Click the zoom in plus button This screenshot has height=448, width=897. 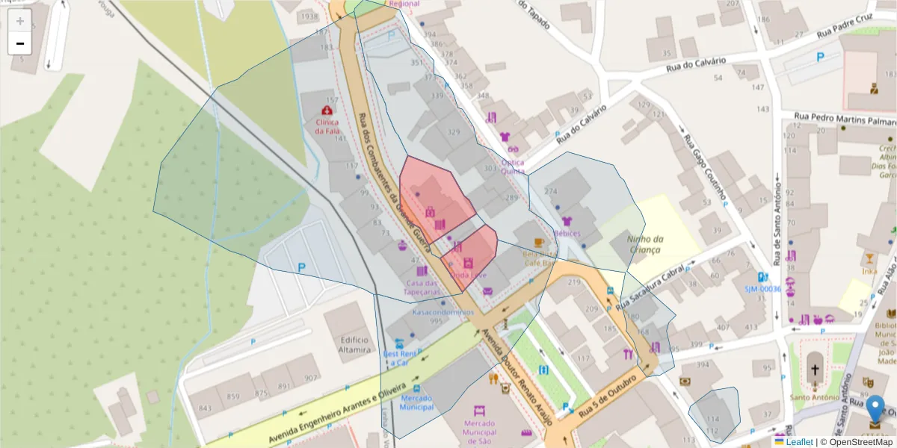pyautogui.click(x=20, y=21)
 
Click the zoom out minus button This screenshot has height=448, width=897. pyautogui.click(x=20, y=43)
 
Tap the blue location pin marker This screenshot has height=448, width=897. pyautogui.click(x=875, y=411)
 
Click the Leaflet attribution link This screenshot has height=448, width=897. pyautogui.click(x=799, y=442)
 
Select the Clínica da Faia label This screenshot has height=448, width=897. pyautogui.click(x=327, y=127)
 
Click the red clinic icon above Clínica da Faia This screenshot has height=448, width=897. pyautogui.click(x=327, y=110)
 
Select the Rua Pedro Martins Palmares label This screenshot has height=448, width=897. pyautogui.click(x=845, y=118)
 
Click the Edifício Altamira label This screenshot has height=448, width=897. pyautogui.click(x=354, y=344)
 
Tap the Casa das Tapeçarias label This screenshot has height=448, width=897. pyautogui.click(x=422, y=287)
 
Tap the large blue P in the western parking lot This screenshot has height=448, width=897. pyautogui.click(x=302, y=267)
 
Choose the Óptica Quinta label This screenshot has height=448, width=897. pyautogui.click(x=512, y=167)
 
